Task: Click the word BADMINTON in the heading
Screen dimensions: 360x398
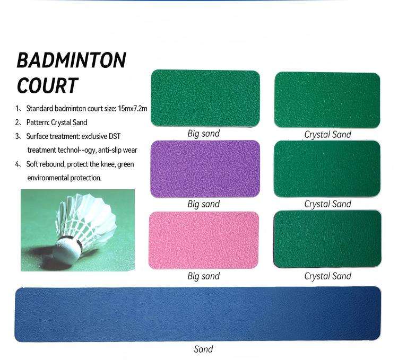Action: coord(72,60)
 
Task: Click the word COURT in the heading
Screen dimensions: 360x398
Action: coord(48,85)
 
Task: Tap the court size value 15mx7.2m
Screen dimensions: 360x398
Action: coord(133,109)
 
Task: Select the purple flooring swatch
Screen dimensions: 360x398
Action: coord(205,169)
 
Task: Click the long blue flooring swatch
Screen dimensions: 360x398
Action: coord(197,314)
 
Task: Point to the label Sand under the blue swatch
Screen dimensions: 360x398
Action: coord(203,349)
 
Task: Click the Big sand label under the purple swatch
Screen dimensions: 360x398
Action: coord(203,204)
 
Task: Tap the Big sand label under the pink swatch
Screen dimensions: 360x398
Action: coord(203,276)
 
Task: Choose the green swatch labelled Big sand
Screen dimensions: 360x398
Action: coord(205,98)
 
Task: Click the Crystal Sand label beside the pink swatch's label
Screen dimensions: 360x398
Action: coord(327,276)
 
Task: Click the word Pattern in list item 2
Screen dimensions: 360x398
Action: coord(37,122)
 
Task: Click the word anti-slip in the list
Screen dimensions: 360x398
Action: coord(105,151)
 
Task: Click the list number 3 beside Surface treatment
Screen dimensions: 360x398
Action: coord(19,137)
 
